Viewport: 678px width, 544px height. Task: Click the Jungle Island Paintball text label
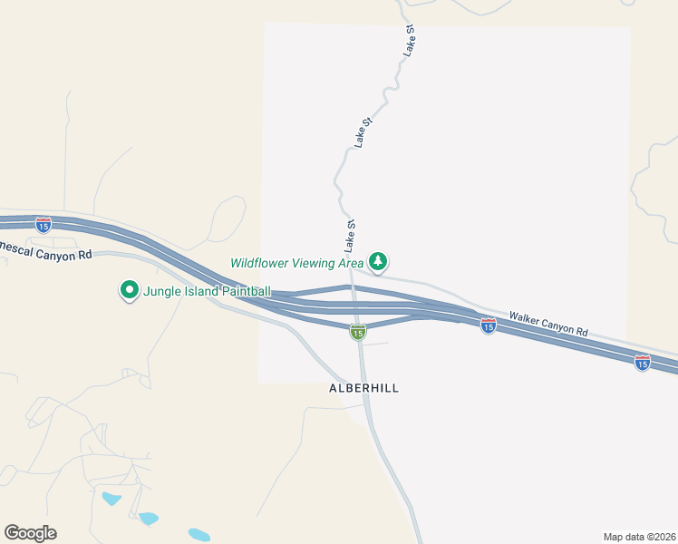(208, 291)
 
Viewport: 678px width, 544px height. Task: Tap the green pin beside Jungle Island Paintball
(129, 290)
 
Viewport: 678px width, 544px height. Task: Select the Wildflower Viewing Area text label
(296, 263)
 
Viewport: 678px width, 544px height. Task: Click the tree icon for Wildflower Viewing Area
(377, 263)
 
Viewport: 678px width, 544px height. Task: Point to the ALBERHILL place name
(363, 388)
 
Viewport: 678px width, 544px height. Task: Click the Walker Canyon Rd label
(548, 325)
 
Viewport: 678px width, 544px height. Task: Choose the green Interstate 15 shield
(358, 333)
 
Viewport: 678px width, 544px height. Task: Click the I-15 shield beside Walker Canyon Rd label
(488, 326)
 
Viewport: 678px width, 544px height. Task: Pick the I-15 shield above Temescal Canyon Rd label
(43, 224)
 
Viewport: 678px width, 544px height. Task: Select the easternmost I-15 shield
(642, 363)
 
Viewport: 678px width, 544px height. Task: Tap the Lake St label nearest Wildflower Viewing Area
(349, 236)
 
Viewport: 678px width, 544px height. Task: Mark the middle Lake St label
(363, 132)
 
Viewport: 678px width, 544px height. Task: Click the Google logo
(30, 532)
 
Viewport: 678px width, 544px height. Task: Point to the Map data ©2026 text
(639, 537)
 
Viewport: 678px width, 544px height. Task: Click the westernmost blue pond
(111, 499)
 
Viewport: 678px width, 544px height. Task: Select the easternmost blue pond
(199, 535)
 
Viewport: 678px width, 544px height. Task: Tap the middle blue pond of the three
(148, 519)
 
